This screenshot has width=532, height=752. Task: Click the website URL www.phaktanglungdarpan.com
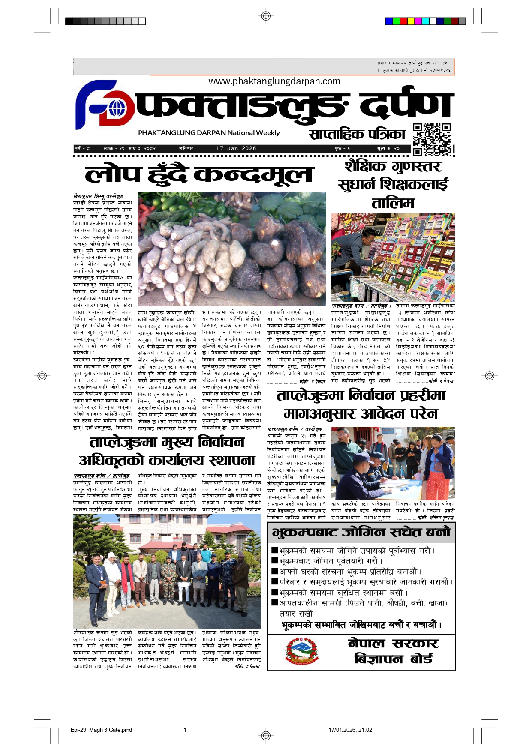tap(274, 81)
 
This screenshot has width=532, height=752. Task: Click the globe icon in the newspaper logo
tap(117, 109)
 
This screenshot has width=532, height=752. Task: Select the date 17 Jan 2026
tap(236, 148)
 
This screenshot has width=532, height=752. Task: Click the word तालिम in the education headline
tap(393, 203)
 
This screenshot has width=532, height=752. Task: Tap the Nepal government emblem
tap(302, 651)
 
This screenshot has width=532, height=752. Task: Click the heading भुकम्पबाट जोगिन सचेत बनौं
tap(361, 533)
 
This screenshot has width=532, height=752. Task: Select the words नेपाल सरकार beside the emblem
tap(393, 643)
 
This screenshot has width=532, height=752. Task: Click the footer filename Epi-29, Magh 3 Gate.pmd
tap(101, 730)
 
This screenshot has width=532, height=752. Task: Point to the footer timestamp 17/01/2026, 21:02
tap(350, 730)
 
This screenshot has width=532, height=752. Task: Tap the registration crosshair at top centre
tap(266, 16)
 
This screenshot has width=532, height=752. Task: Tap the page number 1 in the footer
tap(185, 730)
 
